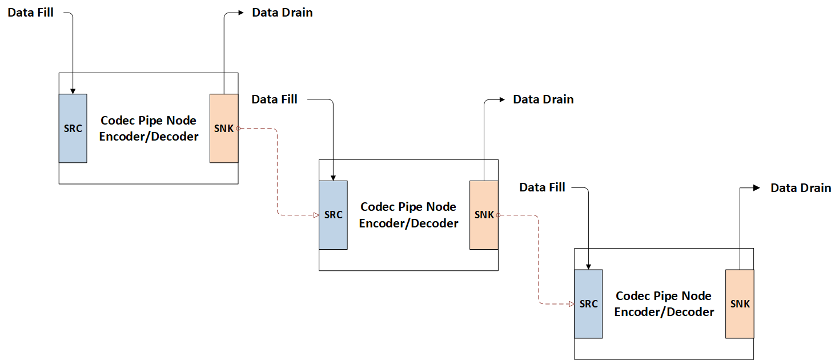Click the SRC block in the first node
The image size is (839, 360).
(73, 128)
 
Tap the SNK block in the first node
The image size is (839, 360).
(224, 128)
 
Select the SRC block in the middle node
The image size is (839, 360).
(333, 215)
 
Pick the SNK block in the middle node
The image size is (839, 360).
(484, 215)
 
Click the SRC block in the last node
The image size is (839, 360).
(588, 303)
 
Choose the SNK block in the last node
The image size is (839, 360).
(740, 303)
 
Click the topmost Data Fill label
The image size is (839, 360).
(30, 12)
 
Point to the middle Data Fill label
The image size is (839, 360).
(274, 99)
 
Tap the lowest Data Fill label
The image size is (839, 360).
(542, 187)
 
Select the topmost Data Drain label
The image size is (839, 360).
(282, 13)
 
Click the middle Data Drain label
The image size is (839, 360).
(543, 99)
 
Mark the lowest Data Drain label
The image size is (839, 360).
(801, 187)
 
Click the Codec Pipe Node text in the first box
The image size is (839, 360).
(148, 121)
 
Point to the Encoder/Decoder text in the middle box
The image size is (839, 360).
(408, 223)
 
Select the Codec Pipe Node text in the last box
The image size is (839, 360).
(664, 296)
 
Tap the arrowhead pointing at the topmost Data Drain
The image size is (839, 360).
(243, 12)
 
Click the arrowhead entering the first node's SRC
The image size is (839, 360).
(73, 91)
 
